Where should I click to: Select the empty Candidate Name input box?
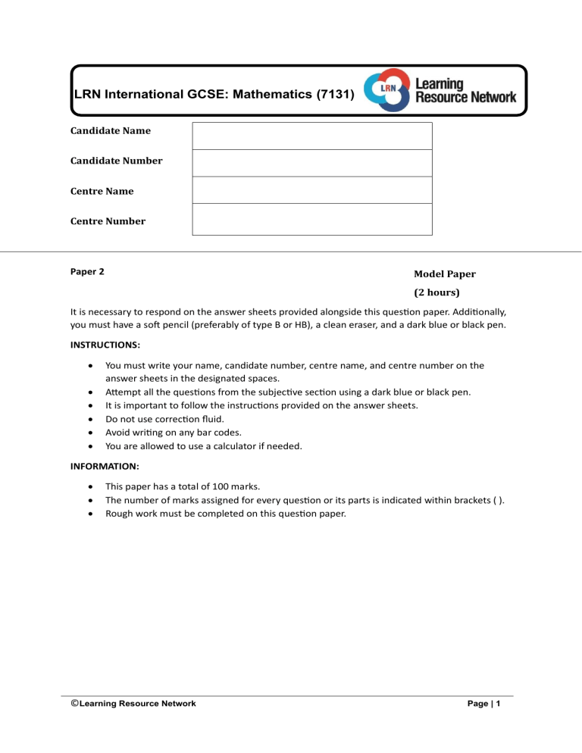click(311, 136)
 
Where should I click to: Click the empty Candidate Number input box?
click(311, 163)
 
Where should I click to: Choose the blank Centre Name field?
click(311, 190)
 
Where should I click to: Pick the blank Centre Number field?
click(311, 219)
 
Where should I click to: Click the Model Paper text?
click(444, 274)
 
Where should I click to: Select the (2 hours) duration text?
click(437, 292)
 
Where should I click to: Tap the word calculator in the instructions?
click(250, 446)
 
